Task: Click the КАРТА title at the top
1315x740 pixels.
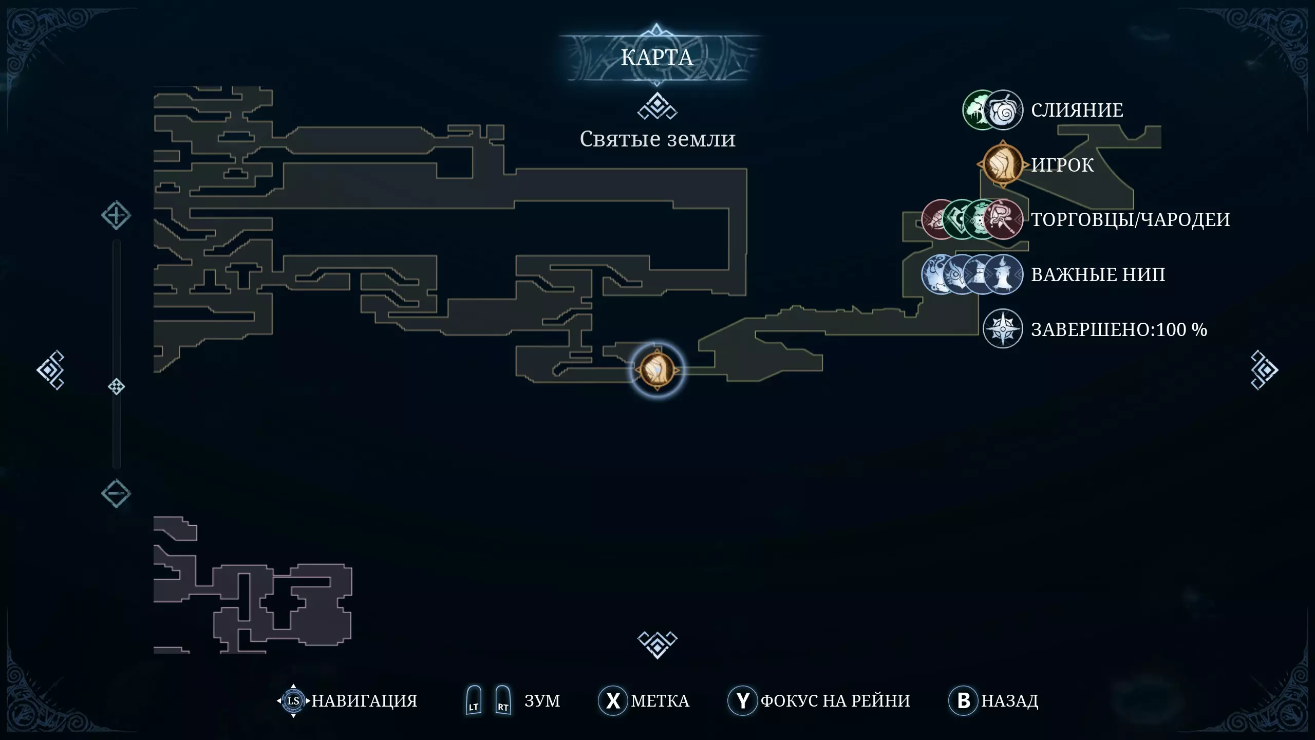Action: click(656, 58)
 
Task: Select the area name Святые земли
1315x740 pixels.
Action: click(657, 139)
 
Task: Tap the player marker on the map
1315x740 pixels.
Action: click(657, 369)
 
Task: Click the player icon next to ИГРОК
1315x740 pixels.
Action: click(1002, 164)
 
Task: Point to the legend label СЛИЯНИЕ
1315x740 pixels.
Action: click(1077, 110)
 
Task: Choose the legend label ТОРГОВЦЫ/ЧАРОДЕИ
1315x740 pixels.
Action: click(1130, 219)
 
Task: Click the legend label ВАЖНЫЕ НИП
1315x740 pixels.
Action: click(1098, 274)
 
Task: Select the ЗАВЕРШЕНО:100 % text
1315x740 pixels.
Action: click(1119, 329)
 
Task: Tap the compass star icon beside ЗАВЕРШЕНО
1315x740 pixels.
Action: click(1002, 329)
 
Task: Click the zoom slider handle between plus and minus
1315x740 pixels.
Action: click(117, 386)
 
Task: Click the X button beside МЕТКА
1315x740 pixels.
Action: click(613, 700)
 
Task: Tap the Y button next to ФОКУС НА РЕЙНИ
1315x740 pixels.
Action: click(742, 700)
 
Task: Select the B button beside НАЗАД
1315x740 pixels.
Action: click(963, 700)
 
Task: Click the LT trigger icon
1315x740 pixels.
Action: click(474, 700)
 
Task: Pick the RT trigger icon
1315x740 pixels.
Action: click(503, 700)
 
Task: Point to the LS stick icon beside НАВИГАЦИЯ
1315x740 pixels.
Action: click(293, 700)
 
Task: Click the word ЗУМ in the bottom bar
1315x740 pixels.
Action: click(542, 700)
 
